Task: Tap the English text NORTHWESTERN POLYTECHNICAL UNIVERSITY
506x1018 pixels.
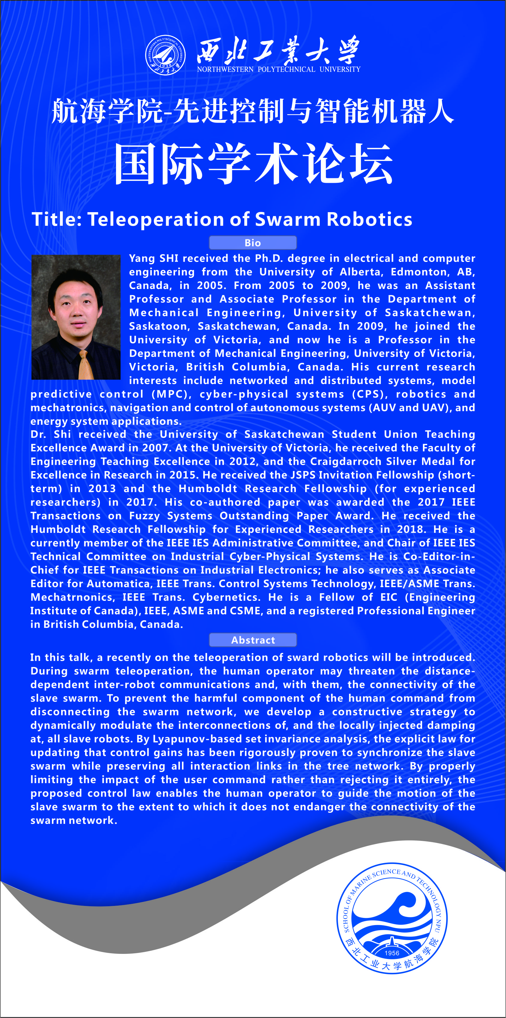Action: point(279,69)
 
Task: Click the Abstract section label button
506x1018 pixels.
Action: point(253,640)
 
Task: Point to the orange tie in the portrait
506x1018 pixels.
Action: point(86,365)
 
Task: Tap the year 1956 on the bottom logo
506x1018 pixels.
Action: point(392,953)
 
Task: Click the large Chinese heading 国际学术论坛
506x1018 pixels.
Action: point(253,164)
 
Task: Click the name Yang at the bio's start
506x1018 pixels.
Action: point(142,258)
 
